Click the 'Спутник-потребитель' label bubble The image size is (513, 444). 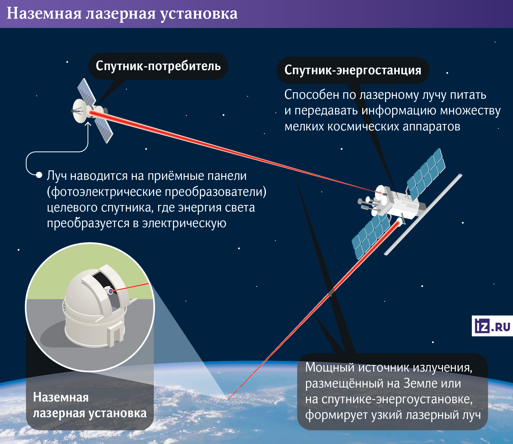pos(158,66)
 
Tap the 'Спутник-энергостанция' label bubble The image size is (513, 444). pos(353,70)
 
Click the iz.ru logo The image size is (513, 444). pos(492,326)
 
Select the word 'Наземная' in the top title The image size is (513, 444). pos(44,14)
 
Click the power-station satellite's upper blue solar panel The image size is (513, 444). pos(426,175)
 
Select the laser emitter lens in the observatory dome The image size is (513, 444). pos(111,291)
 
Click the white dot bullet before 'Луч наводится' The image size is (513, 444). pos(39,175)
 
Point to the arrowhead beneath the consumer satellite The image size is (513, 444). pos(88,125)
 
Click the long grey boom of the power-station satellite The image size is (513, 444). pos(423,214)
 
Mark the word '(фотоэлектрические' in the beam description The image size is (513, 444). pos(104,192)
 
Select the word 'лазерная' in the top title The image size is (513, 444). pos(121,14)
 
